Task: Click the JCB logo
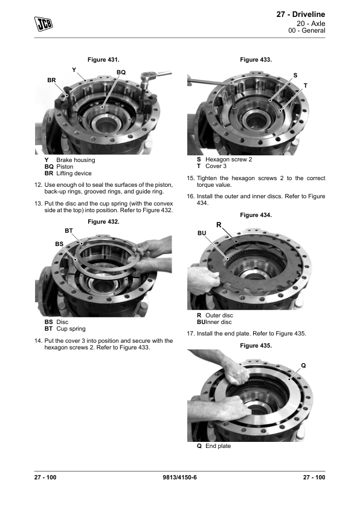click(x=43, y=24)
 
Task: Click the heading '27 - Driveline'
click(x=301, y=15)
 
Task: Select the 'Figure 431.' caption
click(x=103, y=60)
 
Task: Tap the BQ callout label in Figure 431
click(x=121, y=73)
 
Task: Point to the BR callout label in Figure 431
click(x=51, y=80)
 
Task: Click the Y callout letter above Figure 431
click(x=74, y=70)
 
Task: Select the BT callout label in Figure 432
click(x=69, y=231)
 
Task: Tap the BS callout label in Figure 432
click(x=59, y=244)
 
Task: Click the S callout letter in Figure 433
click(x=295, y=76)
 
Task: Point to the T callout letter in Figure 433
click(x=305, y=86)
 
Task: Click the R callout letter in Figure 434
click(x=219, y=225)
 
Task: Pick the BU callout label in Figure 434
click(x=202, y=233)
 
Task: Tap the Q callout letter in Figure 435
click(x=304, y=366)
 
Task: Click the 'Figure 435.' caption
click(x=256, y=346)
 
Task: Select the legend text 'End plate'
click(x=218, y=446)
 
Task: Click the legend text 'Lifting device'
click(x=74, y=173)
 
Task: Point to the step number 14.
click(x=38, y=341)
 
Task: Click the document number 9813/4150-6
click(x=179, y=477)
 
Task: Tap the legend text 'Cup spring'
click(x=71, y=329)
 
